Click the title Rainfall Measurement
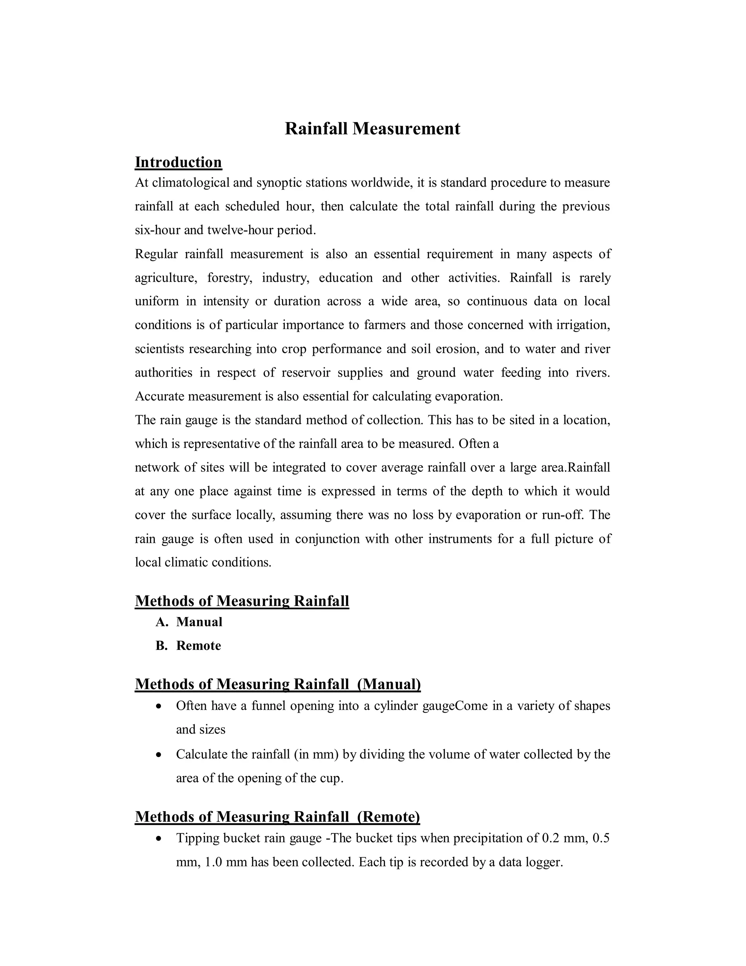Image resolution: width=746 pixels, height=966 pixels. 372,129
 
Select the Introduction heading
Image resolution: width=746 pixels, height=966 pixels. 178,162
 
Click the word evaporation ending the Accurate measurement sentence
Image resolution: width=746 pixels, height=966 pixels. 468,396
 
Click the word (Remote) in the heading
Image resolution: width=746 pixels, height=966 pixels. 388,817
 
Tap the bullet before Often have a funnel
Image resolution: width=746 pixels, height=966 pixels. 159,706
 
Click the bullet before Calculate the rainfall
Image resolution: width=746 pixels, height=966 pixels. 159,755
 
